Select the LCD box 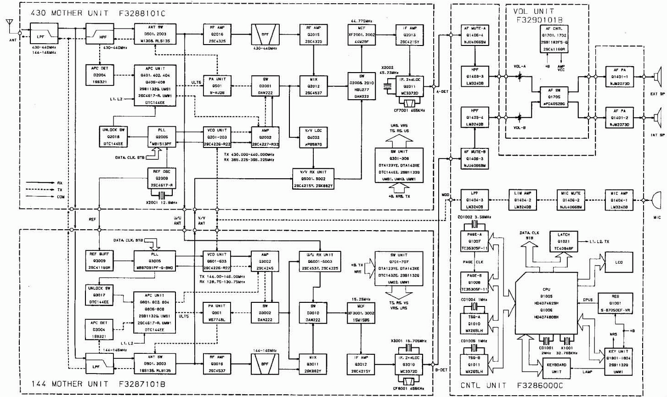tap(619, 262)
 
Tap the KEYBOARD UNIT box tap(556, 368)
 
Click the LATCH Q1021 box tap(563, 241)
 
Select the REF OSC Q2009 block tap(160, 178)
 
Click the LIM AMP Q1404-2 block tap(522, 200)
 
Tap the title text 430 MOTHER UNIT tap(69, 13)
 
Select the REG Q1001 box tap(616, 304)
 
